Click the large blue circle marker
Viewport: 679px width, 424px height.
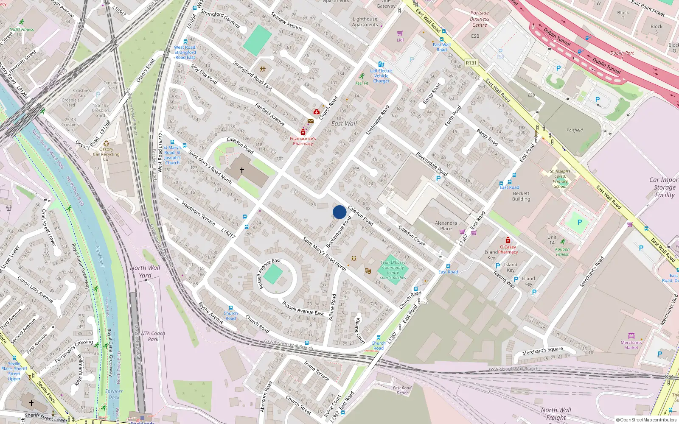339,212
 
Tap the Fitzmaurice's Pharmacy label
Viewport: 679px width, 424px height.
303,141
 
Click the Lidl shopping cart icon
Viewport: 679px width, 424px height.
400,33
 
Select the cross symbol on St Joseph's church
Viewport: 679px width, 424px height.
242,170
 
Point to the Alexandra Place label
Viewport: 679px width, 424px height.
446,226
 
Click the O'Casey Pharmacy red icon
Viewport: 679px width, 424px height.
508,240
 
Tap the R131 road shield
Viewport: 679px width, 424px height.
471,63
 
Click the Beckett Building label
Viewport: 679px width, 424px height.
521,196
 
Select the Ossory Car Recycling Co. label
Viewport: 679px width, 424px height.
106,154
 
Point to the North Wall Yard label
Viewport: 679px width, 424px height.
145,271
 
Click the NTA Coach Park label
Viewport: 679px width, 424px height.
153,336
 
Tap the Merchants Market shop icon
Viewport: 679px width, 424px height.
631,336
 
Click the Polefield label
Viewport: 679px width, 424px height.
575,130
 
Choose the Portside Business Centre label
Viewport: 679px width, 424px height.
480,19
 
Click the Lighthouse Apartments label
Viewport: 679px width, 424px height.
365,22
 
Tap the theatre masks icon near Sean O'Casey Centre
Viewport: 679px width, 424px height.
368,270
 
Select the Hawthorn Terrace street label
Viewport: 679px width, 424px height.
198,213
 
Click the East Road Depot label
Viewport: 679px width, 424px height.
402,390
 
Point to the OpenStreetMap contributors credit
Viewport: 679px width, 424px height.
646,420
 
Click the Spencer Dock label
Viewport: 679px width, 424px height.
114,394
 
